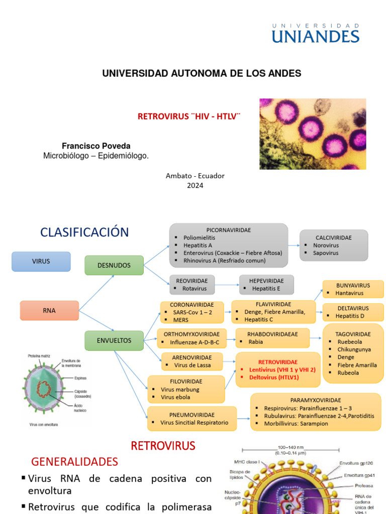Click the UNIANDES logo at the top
[316, 33]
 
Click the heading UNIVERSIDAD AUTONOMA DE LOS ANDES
[202, 73]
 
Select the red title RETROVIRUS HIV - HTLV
[189, 116]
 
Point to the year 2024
[195, 185]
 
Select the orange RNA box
[49, 310]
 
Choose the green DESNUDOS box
[114, 265]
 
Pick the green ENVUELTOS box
[114, 340]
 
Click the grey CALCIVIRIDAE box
[334, 245]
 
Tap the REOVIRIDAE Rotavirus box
[192, 284]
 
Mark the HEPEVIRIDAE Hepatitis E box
[266, 284]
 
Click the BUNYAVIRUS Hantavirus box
[353, 289]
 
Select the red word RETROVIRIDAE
[278, 361]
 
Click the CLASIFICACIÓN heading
[84, 232]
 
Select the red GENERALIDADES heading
[74, 461]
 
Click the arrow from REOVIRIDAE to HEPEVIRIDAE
[227, 285]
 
